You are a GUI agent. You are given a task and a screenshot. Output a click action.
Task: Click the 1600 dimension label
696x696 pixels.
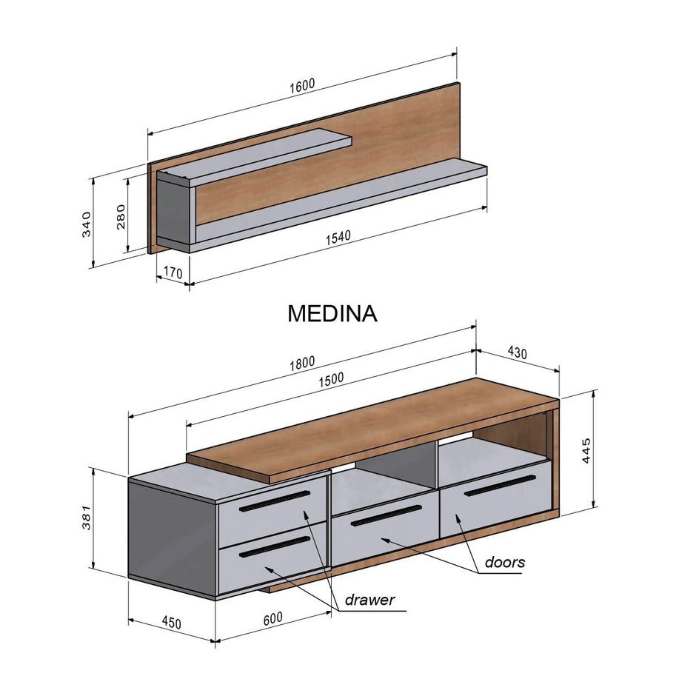click(x=302, y=84)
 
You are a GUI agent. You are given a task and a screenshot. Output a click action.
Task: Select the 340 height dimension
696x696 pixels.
click(x=86, y=223)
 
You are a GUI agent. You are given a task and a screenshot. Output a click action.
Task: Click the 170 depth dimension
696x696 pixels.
click(x=172, y=273)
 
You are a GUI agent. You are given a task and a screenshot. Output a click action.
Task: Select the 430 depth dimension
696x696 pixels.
click(x=516, y=353)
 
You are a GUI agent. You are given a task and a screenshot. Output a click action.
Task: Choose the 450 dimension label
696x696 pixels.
click(x=170, y=623)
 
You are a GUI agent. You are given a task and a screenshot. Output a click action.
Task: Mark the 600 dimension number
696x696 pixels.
click(x=273, y=619)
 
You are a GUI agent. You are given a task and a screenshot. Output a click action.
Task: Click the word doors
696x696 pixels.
click(x=505, y=562)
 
